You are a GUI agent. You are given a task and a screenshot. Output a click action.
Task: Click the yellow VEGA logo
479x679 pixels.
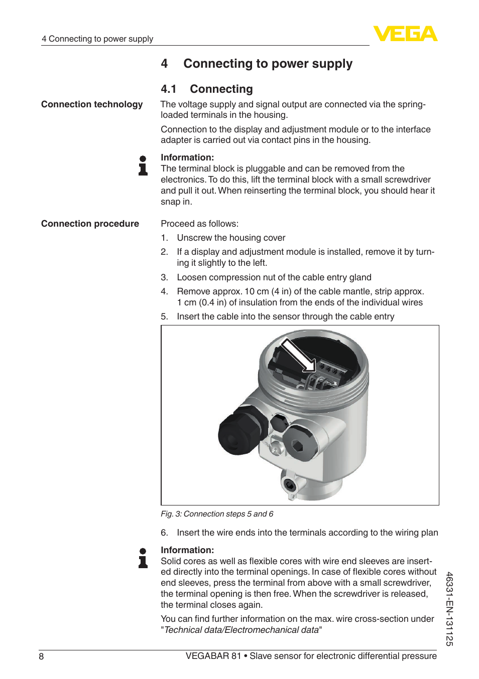405,34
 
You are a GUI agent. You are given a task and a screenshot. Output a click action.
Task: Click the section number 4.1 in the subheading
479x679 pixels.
169,89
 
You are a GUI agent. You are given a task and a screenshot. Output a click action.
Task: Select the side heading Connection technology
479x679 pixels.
92,104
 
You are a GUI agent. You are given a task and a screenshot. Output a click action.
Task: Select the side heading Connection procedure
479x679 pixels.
90,224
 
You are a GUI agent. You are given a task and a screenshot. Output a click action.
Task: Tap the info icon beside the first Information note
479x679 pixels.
143,165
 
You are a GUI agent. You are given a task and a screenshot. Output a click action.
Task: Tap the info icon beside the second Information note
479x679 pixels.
143,558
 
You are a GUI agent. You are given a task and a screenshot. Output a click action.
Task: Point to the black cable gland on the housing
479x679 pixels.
238,431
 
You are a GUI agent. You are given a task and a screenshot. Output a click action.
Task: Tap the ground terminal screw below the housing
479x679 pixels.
289,484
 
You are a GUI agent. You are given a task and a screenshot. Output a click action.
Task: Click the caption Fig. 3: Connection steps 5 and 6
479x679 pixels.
217,514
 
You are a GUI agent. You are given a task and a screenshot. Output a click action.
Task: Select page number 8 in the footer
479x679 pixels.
41,656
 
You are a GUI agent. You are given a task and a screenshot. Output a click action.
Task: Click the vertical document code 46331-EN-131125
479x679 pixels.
449,608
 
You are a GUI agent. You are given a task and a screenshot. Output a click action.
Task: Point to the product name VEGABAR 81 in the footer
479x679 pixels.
213,656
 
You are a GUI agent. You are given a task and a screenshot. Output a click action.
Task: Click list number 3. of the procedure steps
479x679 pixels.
164,277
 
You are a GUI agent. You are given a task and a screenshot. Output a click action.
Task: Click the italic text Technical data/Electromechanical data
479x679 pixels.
242,630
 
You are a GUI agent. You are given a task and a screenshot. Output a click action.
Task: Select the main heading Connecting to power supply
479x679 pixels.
268,64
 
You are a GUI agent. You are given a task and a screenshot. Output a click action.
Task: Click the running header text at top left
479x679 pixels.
97,39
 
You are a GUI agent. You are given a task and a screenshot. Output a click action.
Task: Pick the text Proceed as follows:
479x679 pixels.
199,224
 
